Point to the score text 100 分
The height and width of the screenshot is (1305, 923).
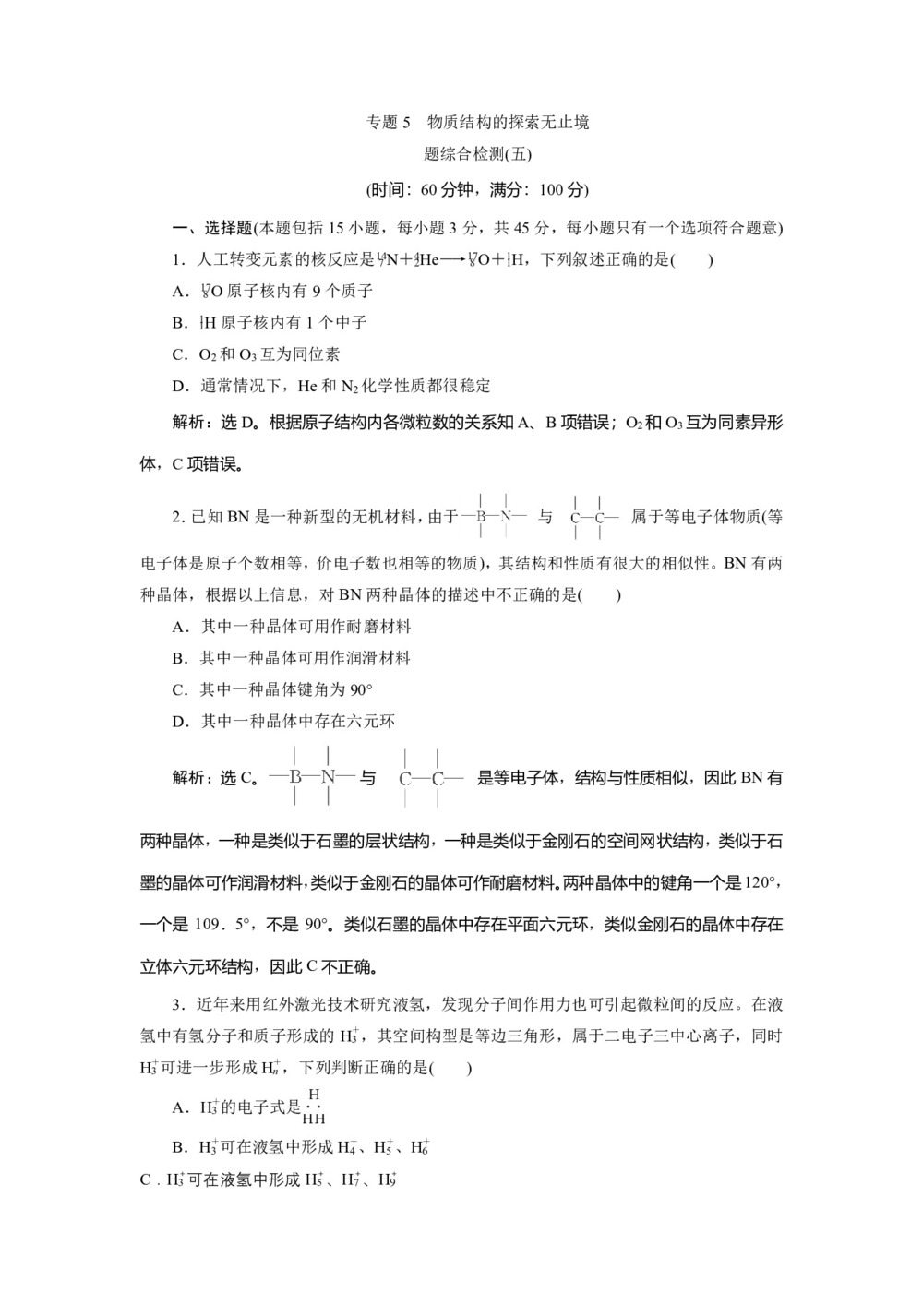[562, 190]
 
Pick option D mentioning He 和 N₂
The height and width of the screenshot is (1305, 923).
[332, 386]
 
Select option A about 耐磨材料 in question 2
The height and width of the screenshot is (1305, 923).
[292, 627]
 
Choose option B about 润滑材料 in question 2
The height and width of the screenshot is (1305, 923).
[292, 658]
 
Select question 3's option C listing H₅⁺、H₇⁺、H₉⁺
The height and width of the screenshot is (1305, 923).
[268, 1179]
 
